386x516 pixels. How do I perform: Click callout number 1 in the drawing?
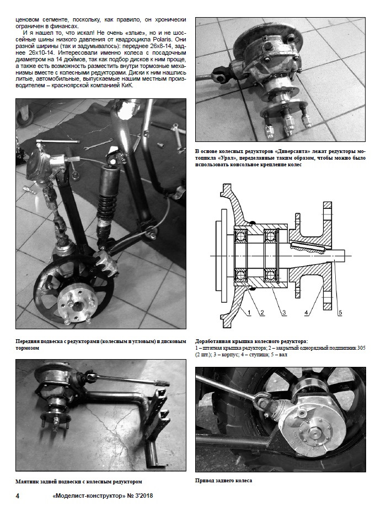(249, 313)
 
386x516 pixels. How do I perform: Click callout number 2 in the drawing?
(262, 313)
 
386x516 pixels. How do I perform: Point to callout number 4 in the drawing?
(307, 313)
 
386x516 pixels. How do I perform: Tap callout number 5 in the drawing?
(340, 313)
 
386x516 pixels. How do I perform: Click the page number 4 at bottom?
(18, 496)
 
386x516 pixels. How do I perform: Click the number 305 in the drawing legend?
(361, 348)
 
